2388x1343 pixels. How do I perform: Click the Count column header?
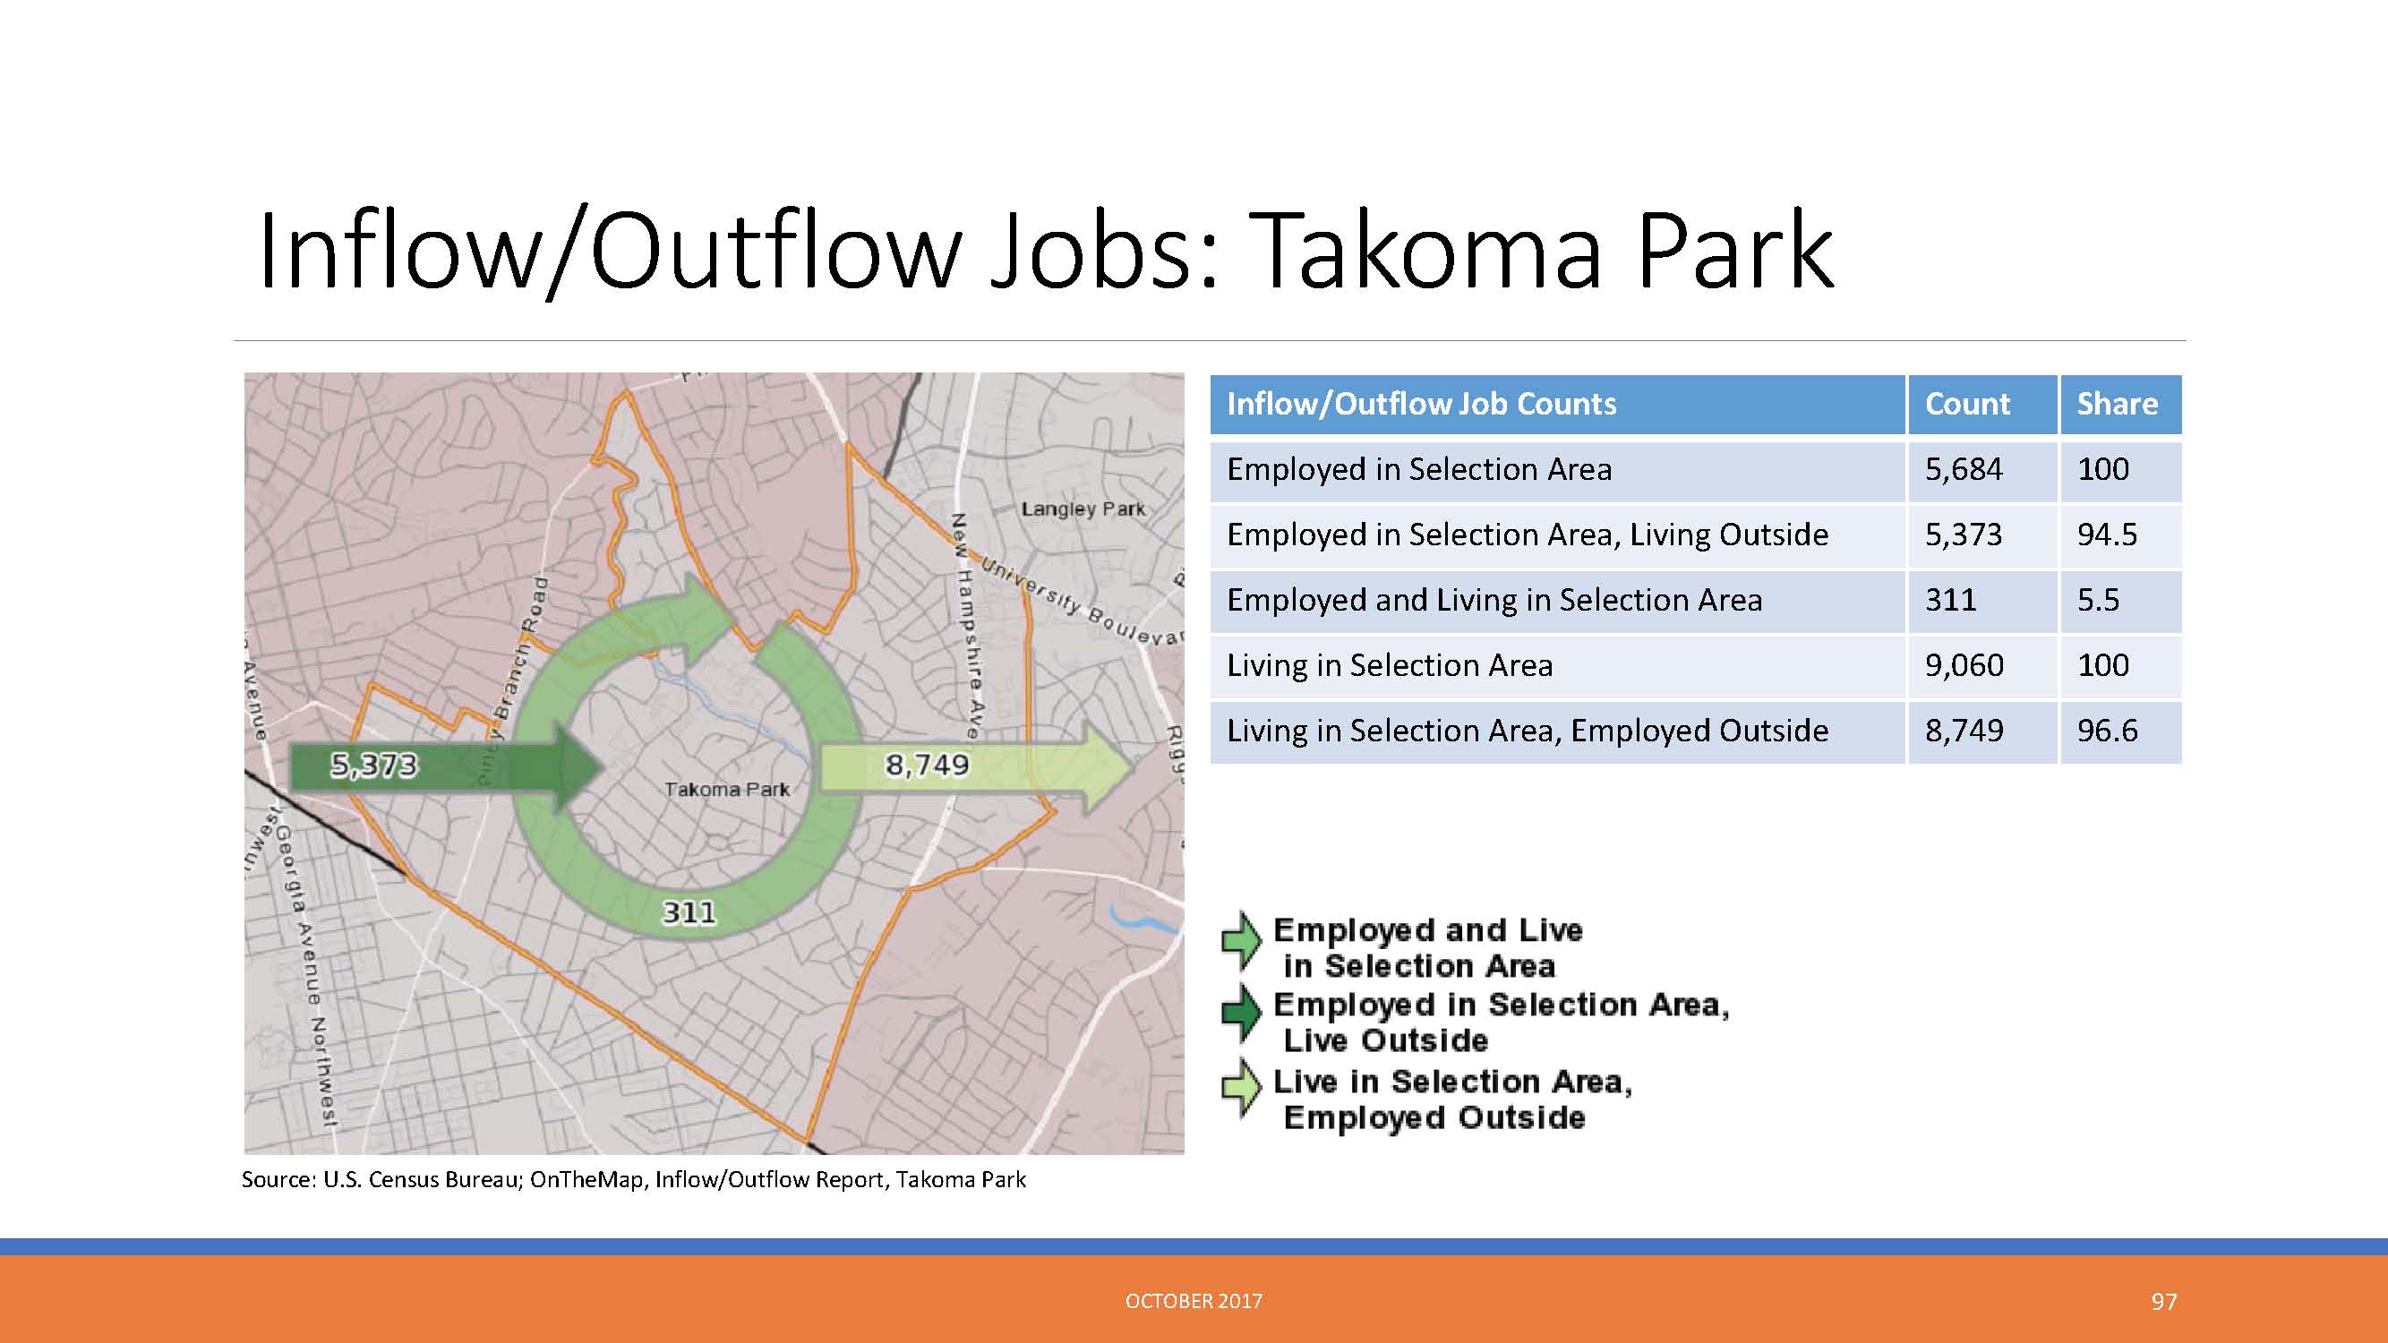tap(1967, 404)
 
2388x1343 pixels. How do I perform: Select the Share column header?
tap(2118, 404)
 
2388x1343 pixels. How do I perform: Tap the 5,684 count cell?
tap(1964, 470)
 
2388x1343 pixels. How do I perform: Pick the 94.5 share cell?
tap(2107, 535)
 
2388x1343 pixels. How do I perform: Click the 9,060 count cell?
tap(1964, 665)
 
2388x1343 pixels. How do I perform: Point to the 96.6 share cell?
tap(2107, 731)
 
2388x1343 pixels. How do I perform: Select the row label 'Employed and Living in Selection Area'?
tap(1494, 601)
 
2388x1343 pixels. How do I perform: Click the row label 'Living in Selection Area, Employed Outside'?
tap(1528, 731)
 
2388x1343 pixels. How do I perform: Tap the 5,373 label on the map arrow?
tap(374, 766)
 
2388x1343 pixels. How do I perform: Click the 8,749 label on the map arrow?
tap(927, 766)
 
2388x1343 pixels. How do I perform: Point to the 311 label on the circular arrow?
tap(689, 913)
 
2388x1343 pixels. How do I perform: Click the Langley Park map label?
tap(1083, 509)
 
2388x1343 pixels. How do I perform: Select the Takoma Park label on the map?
tap(727, 790)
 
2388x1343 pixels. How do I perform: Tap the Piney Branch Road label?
tap(512, 682)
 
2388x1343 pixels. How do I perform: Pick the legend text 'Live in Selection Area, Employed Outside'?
tap(1451, 1099)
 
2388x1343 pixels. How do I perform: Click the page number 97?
tap(2163, 1302)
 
